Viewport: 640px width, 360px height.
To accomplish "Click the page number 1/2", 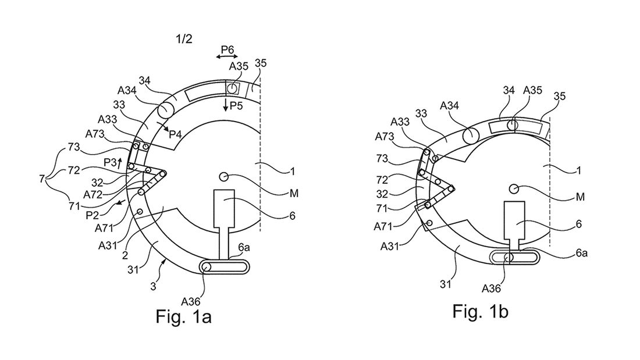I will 184,40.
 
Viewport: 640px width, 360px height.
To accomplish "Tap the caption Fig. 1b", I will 481,311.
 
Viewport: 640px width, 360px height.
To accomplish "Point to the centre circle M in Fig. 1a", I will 224,176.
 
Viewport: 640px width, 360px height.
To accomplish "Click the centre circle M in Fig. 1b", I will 513,188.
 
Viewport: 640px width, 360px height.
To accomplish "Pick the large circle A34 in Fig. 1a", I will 165,110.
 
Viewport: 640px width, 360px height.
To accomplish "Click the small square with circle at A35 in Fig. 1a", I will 232,88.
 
